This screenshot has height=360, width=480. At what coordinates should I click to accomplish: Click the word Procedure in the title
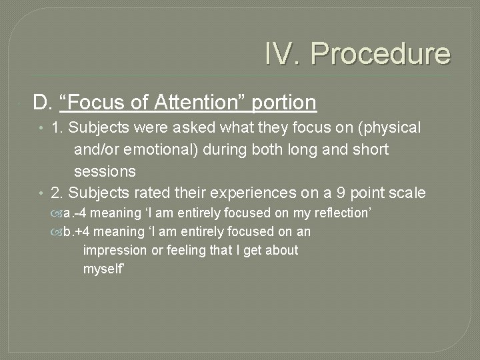click(x=380, y=53)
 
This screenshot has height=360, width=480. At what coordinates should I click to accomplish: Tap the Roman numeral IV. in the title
click(x=283, y=53)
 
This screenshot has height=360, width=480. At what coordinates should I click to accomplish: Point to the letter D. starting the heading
click(x=43, y=103)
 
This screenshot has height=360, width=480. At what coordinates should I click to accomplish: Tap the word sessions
click(x=105, y=171)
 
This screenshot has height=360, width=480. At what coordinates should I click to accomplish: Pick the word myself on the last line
click(x=103, y=269)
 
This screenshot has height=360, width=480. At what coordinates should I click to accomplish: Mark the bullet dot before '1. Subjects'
click(x=41, y=128)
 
